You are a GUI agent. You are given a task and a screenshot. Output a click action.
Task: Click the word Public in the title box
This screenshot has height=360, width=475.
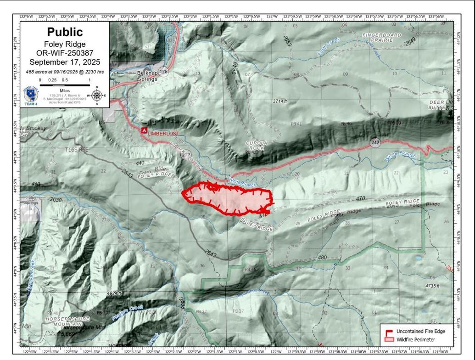tap(65, 32)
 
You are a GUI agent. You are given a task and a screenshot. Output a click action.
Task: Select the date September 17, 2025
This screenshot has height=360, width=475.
tap(65, 62)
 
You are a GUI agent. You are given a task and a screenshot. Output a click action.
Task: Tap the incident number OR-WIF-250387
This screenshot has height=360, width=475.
tap(65, 53)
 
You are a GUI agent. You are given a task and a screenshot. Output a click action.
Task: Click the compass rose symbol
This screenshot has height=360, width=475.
tap(97, 96)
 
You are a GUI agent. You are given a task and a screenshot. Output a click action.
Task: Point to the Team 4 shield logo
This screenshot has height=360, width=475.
tap(31, 96)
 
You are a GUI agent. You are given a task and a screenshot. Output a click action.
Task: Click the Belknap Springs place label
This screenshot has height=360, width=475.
tap(147, 76)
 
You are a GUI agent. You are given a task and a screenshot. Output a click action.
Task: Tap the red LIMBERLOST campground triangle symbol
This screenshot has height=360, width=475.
tap(144, 131)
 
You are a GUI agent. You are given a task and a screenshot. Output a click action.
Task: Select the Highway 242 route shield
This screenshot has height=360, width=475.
tap(375, 141)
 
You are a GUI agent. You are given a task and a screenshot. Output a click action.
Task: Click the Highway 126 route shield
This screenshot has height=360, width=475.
tap(163, 72)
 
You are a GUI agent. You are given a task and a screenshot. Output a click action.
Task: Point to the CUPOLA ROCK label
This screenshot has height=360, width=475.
tap(256, 146)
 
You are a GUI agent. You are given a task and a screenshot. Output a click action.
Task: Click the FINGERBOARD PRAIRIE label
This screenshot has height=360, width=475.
tap(381, 38)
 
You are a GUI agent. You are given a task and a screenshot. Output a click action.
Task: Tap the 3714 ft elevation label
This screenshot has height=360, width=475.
tap(279, 101)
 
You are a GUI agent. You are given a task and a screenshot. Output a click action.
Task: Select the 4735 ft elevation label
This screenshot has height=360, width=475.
tap(432, 286)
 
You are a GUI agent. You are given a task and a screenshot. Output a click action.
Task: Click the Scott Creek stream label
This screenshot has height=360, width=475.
tap(327, 48)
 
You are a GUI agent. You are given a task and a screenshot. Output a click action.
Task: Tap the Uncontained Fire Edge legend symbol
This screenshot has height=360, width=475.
tap(388, 331)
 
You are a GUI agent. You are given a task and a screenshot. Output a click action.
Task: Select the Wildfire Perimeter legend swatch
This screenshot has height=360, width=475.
tap(388, 340)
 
